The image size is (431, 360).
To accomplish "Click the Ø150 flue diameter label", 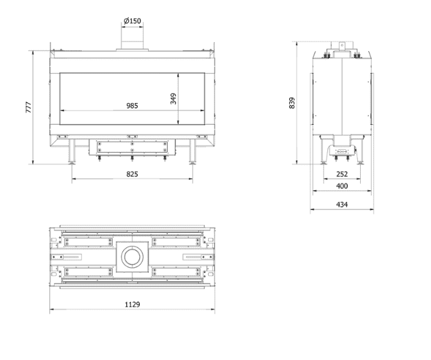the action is tap(132, 21).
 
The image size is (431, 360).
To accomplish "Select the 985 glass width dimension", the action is tap(132, 106).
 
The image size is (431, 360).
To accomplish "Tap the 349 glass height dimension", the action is tap(173, 99).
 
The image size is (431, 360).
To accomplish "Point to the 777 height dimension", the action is tap(29, 107).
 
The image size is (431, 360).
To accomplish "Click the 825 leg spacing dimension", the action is tap(132, 175).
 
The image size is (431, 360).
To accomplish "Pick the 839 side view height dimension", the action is tap(292, 103).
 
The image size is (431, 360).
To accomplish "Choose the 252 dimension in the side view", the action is tap(342, 175).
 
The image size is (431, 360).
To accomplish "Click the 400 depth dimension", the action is tap(342, 186).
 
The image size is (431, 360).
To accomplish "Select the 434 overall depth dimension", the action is tap(342, 205).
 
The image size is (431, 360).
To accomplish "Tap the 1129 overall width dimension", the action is tap(132, 305).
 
